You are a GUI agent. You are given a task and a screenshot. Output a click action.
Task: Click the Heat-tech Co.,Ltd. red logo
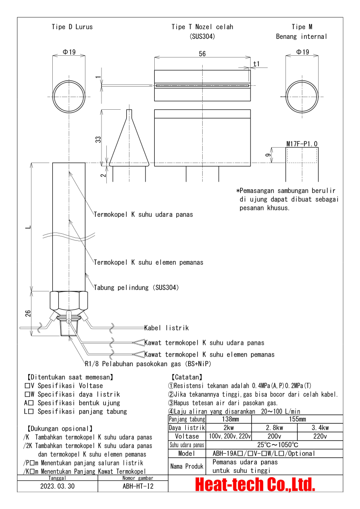255,484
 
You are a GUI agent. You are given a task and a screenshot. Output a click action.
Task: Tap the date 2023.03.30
58,486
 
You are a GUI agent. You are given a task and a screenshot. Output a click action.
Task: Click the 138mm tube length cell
231,419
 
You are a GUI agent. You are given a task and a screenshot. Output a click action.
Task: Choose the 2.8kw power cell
274,428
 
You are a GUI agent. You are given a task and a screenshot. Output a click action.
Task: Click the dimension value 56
202,54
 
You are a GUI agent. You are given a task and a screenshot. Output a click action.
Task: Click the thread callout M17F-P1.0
302,143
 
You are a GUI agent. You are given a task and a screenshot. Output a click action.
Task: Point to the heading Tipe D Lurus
72,27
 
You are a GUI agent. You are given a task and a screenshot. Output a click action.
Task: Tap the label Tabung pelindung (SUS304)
136,288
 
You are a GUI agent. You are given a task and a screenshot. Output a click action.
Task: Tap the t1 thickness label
257,64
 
